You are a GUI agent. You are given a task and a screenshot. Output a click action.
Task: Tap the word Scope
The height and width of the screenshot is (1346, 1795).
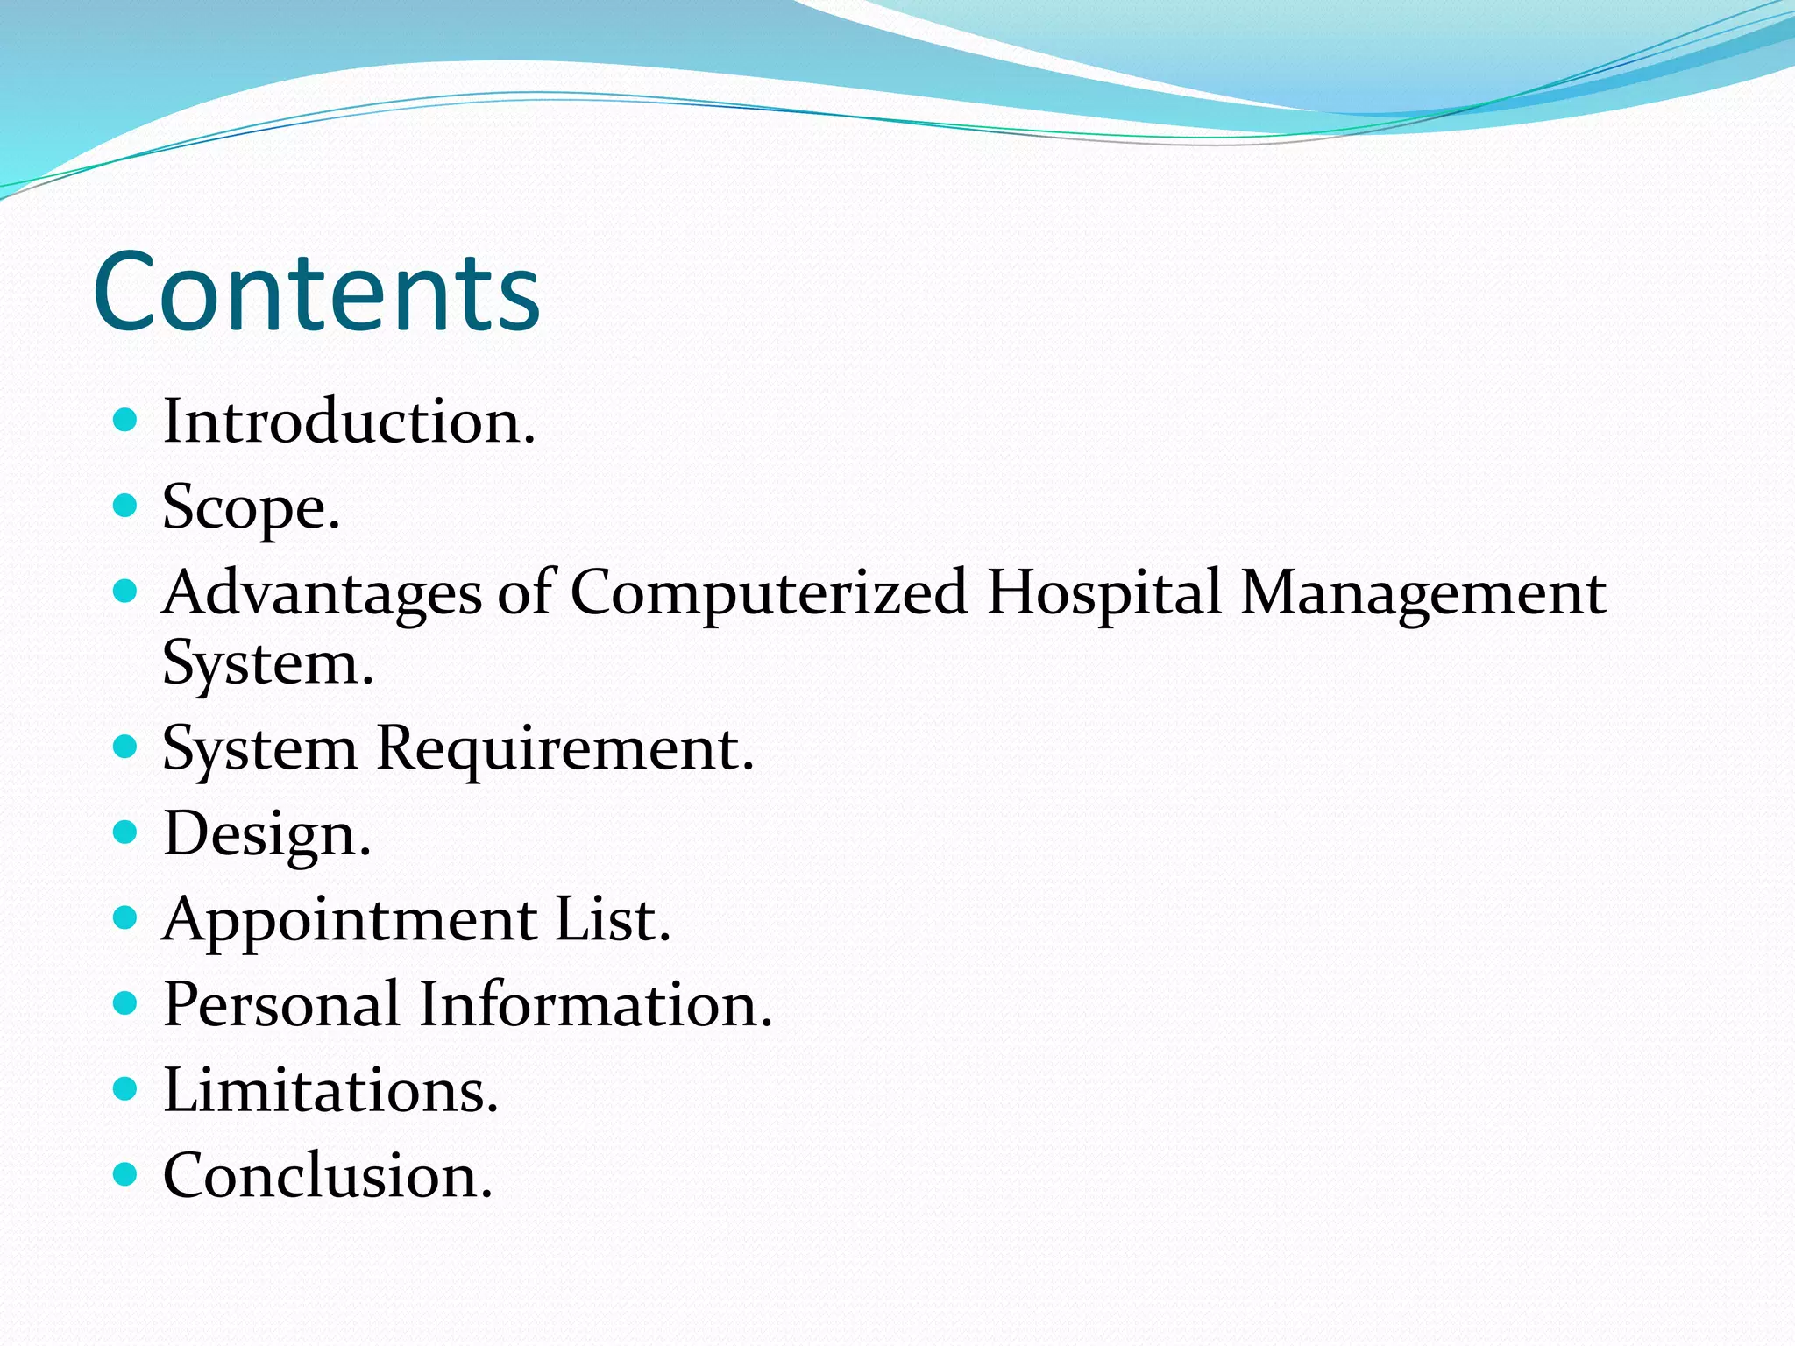(251, 508)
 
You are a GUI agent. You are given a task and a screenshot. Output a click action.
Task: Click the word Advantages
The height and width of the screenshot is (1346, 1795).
(322, 593)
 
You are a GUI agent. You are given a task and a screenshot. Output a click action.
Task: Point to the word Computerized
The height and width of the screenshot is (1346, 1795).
(769, 593)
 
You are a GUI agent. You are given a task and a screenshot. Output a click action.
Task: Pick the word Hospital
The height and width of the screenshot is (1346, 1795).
(1103, 592)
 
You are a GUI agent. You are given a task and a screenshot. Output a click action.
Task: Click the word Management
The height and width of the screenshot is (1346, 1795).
(1423, 593)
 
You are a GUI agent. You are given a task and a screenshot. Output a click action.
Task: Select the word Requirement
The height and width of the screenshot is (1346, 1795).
(564, 749)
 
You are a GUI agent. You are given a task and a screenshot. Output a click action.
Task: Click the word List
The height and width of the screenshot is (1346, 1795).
(613, 919)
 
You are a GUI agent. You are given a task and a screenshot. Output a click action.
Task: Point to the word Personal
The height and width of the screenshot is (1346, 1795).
(281, 1004)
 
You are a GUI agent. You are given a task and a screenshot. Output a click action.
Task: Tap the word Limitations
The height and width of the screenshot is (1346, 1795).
(330, 1090)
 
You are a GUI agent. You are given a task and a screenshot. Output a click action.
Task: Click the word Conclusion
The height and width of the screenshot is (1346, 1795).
(328, 1176)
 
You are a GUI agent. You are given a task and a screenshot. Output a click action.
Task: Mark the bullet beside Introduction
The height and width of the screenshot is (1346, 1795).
(126, 421)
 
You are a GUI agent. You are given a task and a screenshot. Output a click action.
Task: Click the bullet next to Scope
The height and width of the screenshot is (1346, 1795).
(126, 506)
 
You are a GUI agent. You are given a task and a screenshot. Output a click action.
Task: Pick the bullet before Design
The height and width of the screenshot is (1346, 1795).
(126, 832)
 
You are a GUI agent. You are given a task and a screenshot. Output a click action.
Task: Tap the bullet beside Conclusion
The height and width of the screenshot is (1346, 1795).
(126, 1174)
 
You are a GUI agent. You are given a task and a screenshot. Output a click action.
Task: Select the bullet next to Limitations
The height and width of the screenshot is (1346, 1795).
(126, 1088)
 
